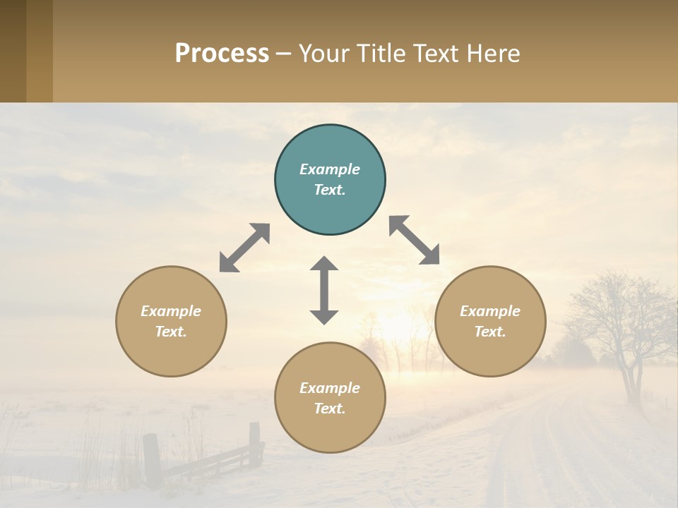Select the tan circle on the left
point(171,321)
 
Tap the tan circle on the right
point(490,321)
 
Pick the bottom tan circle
point(330,397)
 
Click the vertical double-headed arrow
point(324,290)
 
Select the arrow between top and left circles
point(244,248)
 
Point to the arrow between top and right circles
point(415,240)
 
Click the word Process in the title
point(222,53)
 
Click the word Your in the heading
point(324,53)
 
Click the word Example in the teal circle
point(330,169)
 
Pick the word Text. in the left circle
point(171,332)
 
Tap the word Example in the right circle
point(490,311)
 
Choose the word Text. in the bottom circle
point(330,409)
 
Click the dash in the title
point(284,53)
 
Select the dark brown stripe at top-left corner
point(13,51)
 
